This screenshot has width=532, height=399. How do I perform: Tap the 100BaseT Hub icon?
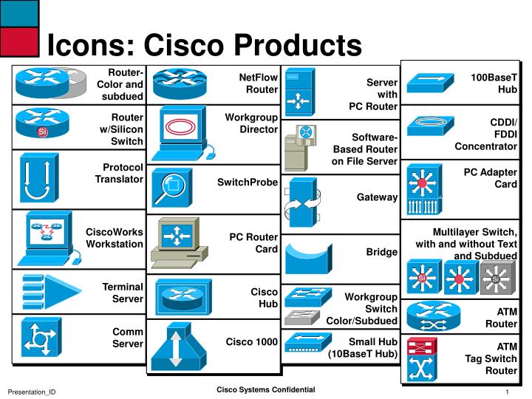(x=429, y=82)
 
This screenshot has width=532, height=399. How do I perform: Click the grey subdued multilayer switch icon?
(x=496, y=279)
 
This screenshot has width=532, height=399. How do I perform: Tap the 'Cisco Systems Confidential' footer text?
(x=265, y=389)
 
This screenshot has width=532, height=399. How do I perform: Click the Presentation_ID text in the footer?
(x=32, y=391)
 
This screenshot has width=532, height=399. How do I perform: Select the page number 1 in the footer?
(x=508, y=391)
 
